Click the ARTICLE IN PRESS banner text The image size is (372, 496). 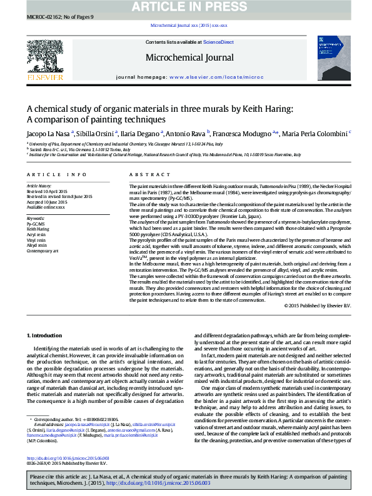[186, 6]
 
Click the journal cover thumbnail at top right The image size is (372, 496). [329, 60]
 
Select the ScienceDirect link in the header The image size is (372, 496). [219, 42]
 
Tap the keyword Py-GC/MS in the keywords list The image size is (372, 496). [34, 223]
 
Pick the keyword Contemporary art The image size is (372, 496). [42, 250]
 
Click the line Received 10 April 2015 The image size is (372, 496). [47, 191]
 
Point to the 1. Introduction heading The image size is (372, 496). [46, 335]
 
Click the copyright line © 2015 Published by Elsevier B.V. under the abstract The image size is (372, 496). [317, 305]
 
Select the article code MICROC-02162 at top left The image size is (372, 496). [44, 17]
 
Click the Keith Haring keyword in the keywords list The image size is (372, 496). [37, 229]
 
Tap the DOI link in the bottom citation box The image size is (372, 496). [159, 484]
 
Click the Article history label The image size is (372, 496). [39, 186]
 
